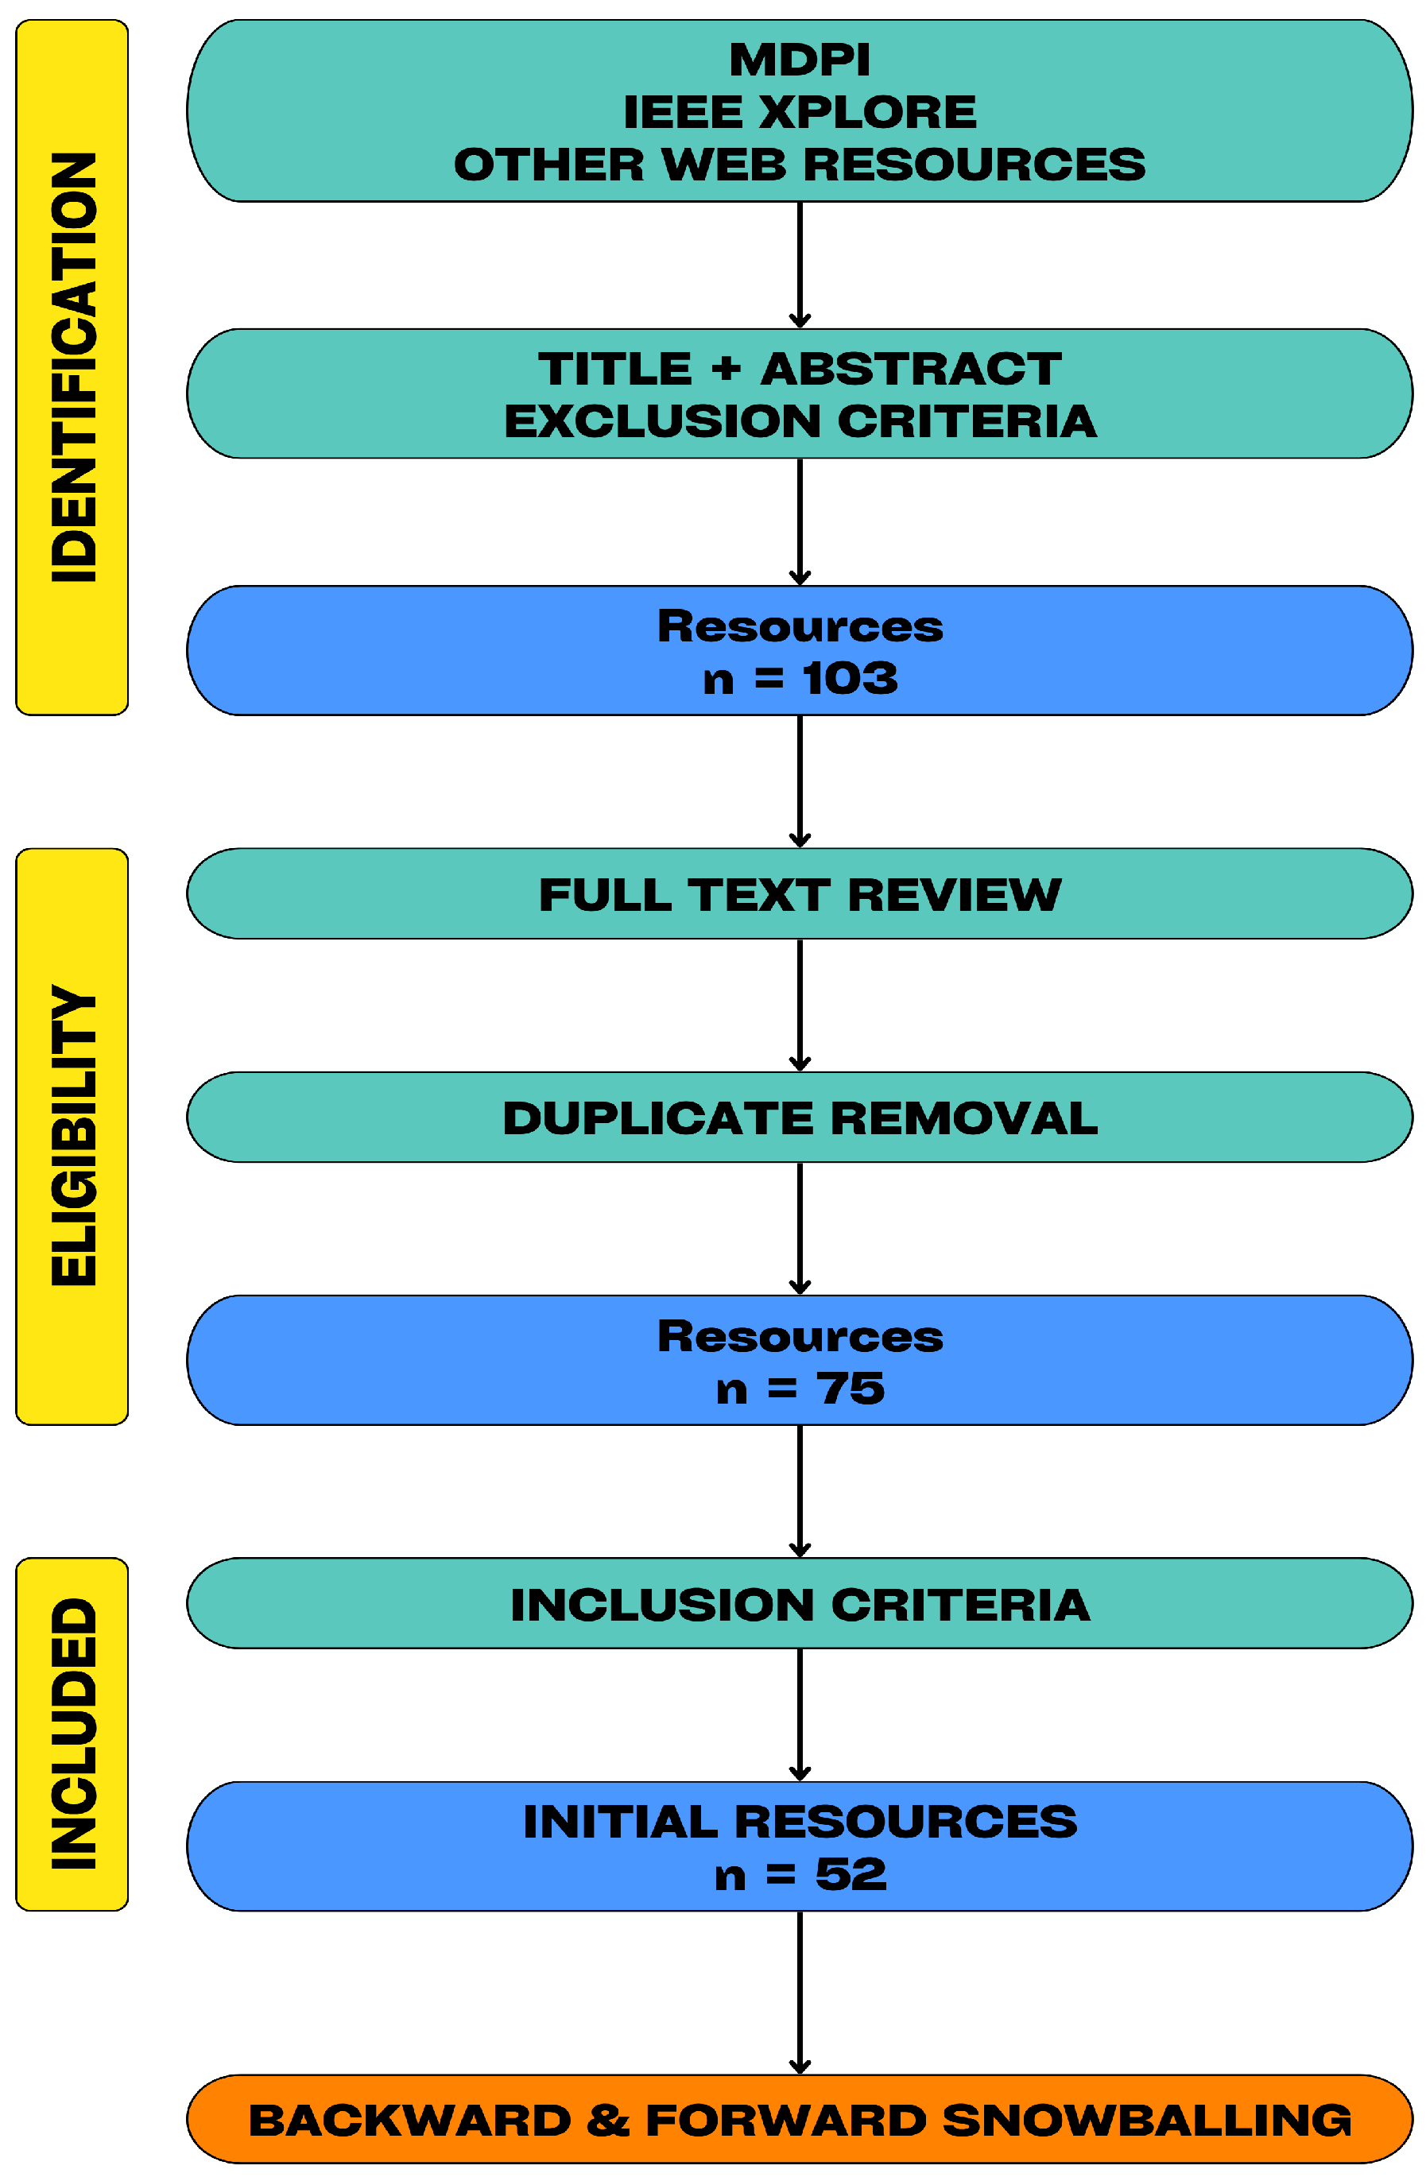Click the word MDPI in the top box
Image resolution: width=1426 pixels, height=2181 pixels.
point(799,60)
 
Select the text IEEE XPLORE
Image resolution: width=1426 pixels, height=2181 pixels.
point(799,113)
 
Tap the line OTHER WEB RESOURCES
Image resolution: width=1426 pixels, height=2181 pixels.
point(799,165)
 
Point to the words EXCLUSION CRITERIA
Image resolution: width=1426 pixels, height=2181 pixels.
point(799,421)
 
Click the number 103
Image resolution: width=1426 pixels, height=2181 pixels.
point(850,679)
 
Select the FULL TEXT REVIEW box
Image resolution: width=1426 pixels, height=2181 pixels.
point(799,894)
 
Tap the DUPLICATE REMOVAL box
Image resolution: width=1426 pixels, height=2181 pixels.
point(799,1118)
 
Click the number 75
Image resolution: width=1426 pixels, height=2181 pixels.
point(850,1389)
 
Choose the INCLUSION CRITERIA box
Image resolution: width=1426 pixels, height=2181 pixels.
point(799,1606)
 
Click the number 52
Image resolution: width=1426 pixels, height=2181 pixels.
point(850,1875)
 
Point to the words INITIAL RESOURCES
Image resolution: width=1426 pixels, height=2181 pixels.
point(799,1822)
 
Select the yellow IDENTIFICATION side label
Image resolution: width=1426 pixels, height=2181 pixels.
point(72,366)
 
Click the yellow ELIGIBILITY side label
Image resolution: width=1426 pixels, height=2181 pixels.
point(72,1137)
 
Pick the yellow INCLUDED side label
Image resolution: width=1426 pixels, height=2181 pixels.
point(72,1734)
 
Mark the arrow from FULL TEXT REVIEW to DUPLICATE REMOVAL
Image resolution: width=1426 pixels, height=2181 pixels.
point(799,1005)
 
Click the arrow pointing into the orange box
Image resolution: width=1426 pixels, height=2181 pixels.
point(799,1994)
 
